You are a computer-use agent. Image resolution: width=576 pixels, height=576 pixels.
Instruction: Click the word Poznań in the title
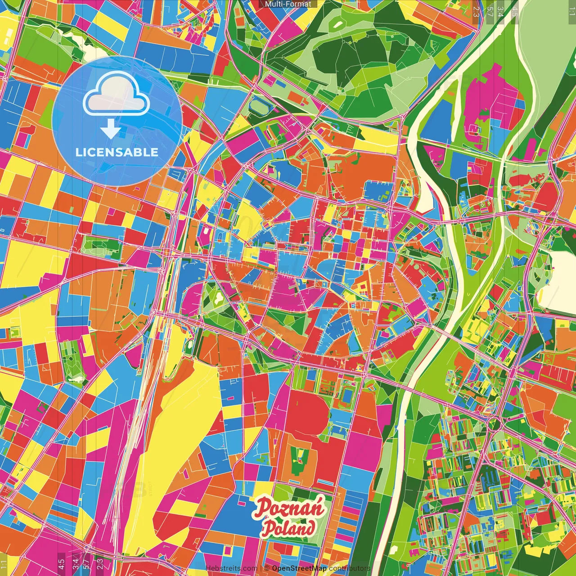coord(289,508)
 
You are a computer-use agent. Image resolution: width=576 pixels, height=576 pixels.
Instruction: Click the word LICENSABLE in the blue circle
coord(117,152)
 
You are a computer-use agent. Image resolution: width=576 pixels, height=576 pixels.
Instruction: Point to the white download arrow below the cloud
coord(111,129)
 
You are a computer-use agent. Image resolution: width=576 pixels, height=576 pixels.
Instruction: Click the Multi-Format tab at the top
coord(288,4)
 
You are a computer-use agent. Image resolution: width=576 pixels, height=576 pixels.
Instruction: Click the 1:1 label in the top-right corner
coord(571,8)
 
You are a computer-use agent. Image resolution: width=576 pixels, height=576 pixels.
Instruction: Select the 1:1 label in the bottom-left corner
coord(4,564)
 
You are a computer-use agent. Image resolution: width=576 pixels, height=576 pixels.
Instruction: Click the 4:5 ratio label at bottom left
coord(61,563)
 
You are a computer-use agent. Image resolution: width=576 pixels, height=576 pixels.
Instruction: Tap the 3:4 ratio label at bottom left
coord(75,563)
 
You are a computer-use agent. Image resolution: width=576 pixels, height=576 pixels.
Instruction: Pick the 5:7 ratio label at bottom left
coord(86,563)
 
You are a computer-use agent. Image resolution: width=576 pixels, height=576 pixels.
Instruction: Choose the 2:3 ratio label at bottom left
coord(100,563)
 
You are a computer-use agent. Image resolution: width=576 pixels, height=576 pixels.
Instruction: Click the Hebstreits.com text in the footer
coord(231,568)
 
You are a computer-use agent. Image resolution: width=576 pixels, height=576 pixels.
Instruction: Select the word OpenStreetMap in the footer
coord(299,568)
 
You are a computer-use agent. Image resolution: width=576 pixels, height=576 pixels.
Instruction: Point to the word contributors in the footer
coord(349,568)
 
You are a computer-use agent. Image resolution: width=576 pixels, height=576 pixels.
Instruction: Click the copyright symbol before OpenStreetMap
coord(266,568)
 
